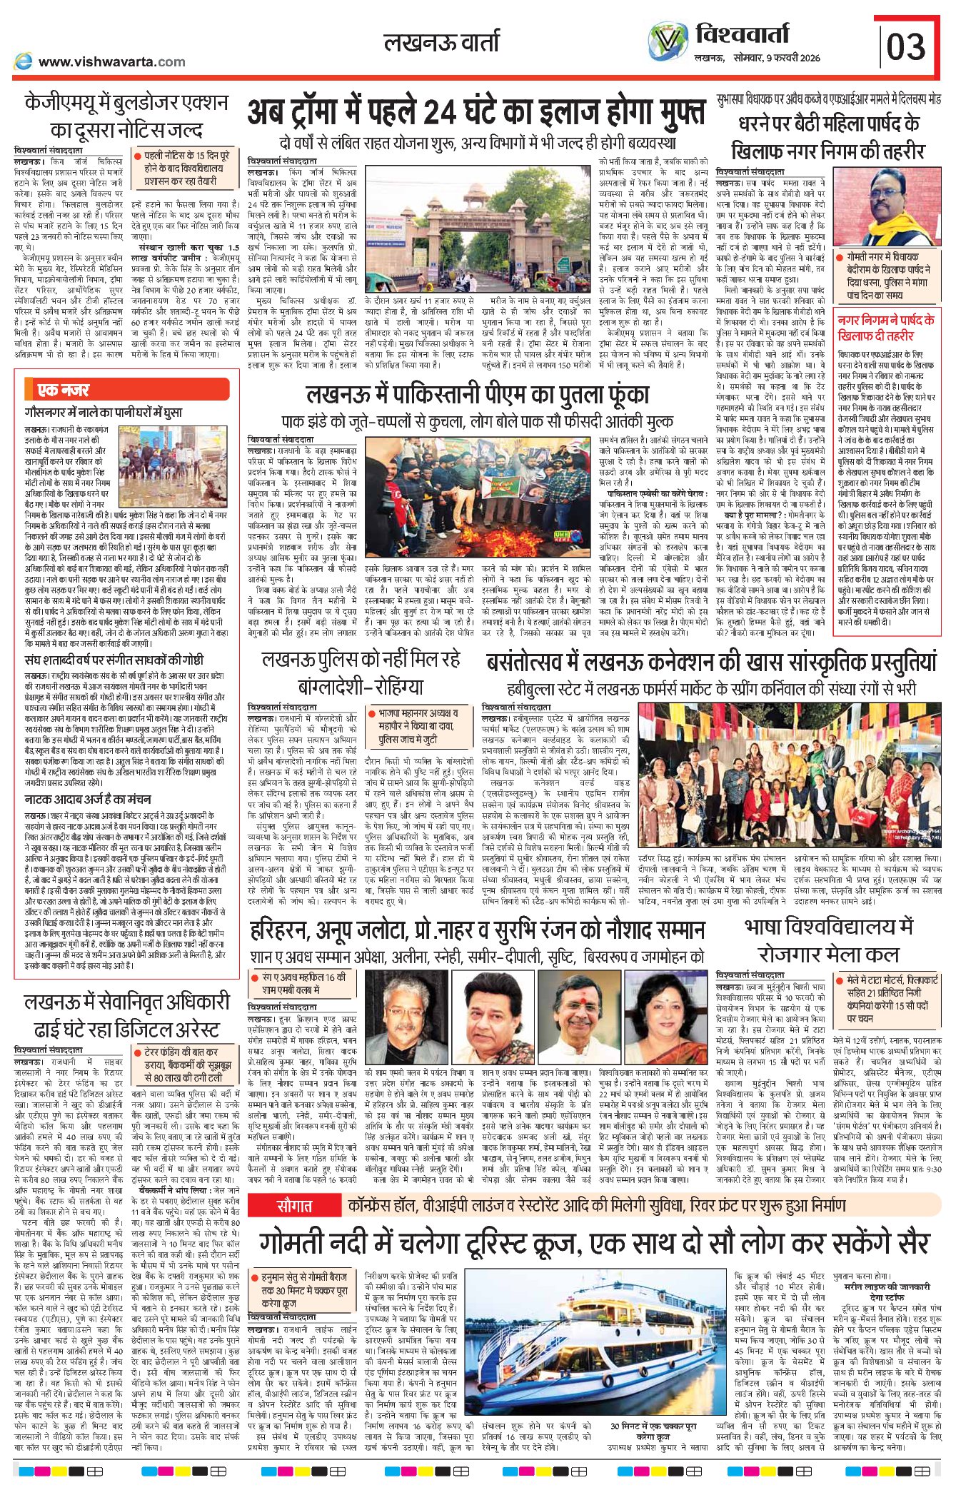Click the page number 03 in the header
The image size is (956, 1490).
[906, 46]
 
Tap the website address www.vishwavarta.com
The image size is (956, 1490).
[111, 61]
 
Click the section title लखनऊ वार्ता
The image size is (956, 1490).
[441, 43]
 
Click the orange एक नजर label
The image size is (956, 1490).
[64, 389]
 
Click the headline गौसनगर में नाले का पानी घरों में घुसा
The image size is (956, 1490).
[104, 412]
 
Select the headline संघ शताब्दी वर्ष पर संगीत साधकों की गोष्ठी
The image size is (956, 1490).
[114, 660]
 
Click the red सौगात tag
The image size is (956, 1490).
[295, 1206]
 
